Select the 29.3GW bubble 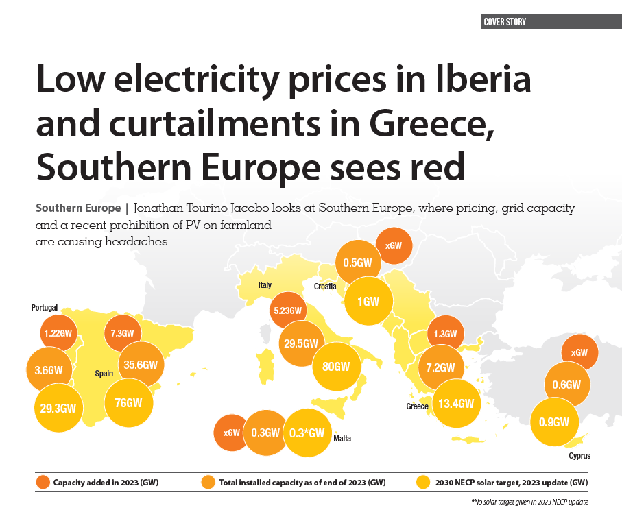click(57, 409)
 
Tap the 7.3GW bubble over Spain click(123, 333)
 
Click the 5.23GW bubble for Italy click(287, 311)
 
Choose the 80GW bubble click(335, 366)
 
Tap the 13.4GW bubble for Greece click(457, 403)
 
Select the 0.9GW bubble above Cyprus click(560, 422)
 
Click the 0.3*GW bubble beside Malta click(307, 433)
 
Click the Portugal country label click(45, 308)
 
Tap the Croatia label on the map click(325, 286)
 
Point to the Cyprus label click(579, 456)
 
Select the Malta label click(342, 439)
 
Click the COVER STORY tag click(505, 22)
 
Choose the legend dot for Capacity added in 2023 click(43, 483)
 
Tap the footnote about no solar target click(529, 502)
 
